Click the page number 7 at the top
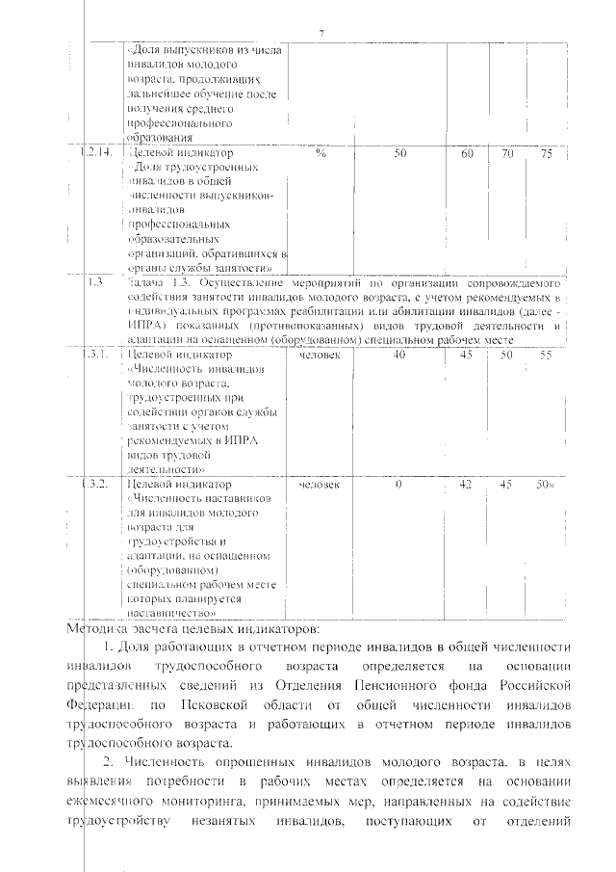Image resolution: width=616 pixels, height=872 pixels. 321,36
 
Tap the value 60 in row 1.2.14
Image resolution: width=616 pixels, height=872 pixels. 468,153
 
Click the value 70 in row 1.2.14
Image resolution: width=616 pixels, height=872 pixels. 507,153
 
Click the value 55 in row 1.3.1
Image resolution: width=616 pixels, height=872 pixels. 545,356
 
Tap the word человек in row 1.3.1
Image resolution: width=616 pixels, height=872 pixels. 321,356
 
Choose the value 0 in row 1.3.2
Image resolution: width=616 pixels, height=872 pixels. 398,484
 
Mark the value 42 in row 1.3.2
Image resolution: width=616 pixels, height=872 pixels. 466,484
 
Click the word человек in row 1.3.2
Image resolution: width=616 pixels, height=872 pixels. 321,484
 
